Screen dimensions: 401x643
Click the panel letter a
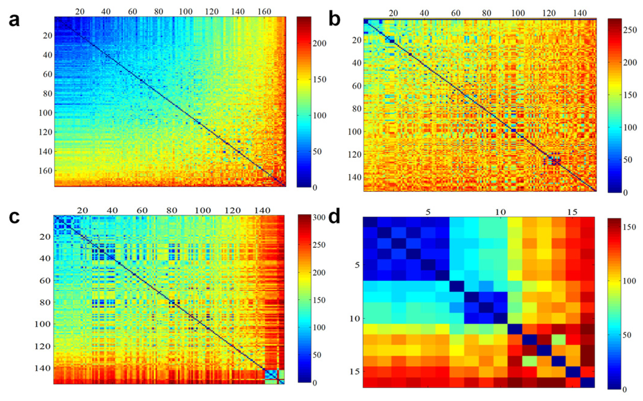pyautogui.click(x=14, y=20)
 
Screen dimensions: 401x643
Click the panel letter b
pyautogui.click(x=334, y=19)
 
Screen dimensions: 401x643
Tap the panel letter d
pyautogui.click(x=334, y=217)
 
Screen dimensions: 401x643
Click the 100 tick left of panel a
pyautogui.click(x=45, y=113)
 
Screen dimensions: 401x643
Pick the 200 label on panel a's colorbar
pyautogui.click(x=320, y=43)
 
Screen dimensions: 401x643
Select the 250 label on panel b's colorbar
pyautogui.click(x=630, y=30)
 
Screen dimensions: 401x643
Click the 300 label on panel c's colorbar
pyautogui.click(x=319, y=217)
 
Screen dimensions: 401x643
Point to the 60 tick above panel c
pyautogui.click(x=142, y=210)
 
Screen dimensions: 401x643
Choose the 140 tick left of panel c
pyautogui.click(x=42, y=368)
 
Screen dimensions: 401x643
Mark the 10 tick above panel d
pyautogui.click(x=500, y=212)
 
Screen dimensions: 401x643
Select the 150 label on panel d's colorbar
pyautogui.click(x=629, y=227)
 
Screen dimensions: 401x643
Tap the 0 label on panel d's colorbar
pyautogui.click(x=625, y=389)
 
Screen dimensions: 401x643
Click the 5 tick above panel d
pyautogui.click(x=428, y=212)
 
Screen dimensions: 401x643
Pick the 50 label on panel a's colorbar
pyautogui.click(x=317, y=151)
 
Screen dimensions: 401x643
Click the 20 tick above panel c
pyautogui.click(x=82, y=210)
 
